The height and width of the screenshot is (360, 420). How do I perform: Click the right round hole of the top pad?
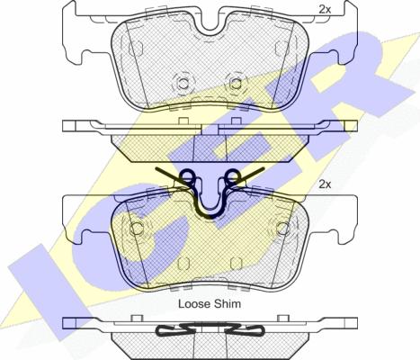[237, 84]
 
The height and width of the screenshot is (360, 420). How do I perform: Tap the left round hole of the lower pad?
[138, 229]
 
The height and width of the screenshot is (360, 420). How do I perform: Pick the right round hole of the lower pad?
[283, 229]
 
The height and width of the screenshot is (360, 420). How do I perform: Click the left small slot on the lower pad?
[183, 264]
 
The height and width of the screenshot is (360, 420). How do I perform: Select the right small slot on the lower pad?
[237, 264]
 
